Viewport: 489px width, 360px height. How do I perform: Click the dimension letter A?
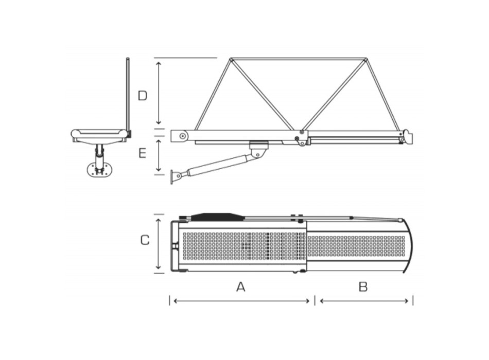tap(240, 287)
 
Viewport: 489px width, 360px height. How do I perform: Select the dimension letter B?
tap(363, 287)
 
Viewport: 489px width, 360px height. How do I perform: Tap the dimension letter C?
tap(145, 240)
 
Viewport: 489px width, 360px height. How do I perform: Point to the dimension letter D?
tap(143, 95)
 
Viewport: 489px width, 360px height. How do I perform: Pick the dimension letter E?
tap(143, 153)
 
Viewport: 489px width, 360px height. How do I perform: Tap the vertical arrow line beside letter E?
tap(159, 154)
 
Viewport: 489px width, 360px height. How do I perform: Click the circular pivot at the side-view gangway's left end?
tap(183, 136)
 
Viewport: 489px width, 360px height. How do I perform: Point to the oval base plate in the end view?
tap(98, 169)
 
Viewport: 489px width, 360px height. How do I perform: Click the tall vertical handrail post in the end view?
tap(128, 95)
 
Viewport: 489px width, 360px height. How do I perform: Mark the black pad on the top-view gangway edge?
tap(216, 216)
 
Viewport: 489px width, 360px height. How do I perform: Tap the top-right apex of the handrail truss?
tap(366, 60)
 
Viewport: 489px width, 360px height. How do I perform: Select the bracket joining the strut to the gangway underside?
tap(259, 150)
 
